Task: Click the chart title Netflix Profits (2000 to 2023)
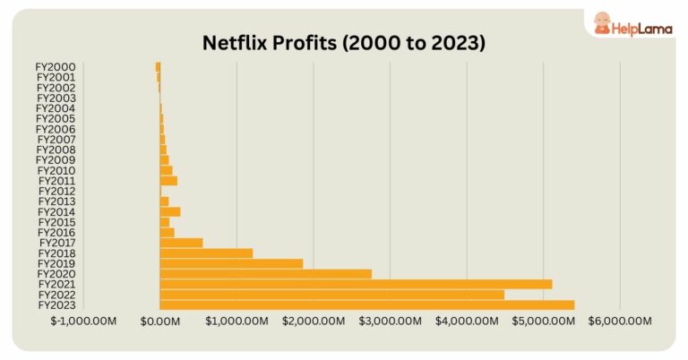point(344,42)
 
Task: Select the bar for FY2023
point(366,305)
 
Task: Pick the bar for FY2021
point(356,285)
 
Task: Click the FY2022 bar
point(331,295)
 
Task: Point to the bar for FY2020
point(265,274)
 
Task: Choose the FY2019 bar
point(231,263)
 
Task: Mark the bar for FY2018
point(206,253)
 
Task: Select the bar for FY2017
point(181,243)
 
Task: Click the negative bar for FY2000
point(158,66)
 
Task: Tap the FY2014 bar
point(170,212)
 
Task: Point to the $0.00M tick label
point(161,321)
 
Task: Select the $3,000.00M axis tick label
point(391,321)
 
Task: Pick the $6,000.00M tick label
point(620,321)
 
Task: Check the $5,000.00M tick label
point(544,321)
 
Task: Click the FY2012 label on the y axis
point(56,191)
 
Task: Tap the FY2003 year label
point(56,98)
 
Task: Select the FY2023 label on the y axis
point(56,305)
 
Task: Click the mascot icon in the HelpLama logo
point(598,24)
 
